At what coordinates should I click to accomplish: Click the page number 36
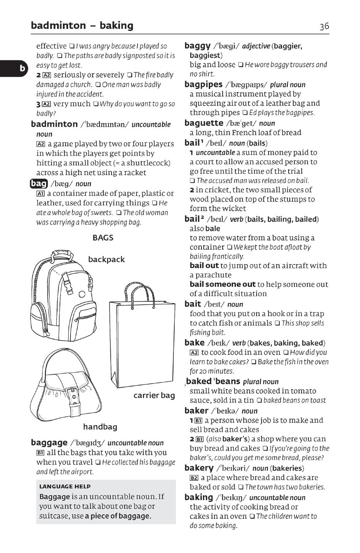coord(324,26)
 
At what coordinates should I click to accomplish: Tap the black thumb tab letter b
coord(22,69)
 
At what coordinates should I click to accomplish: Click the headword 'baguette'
coord(204,123)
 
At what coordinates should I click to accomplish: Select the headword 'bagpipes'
coord(203,84)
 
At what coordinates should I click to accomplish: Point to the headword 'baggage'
coord(49,443)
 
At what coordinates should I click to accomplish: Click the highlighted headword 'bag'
coord(39,183)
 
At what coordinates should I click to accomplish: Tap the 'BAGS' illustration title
coord(103,237)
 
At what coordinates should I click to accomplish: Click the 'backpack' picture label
coord(106,260)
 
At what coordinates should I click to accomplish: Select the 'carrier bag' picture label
coord(154,395)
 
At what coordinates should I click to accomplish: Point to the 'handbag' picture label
coord(100,427)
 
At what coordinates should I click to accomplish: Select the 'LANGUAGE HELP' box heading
coord(65,487)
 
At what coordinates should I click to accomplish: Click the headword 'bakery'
coord(199,468)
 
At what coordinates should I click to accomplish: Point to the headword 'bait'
coord(193,304)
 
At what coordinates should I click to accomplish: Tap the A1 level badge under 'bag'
coord(40,193)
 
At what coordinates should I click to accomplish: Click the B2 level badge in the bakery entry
coord(194,478)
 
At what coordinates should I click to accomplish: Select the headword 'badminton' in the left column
coord(54,124)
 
